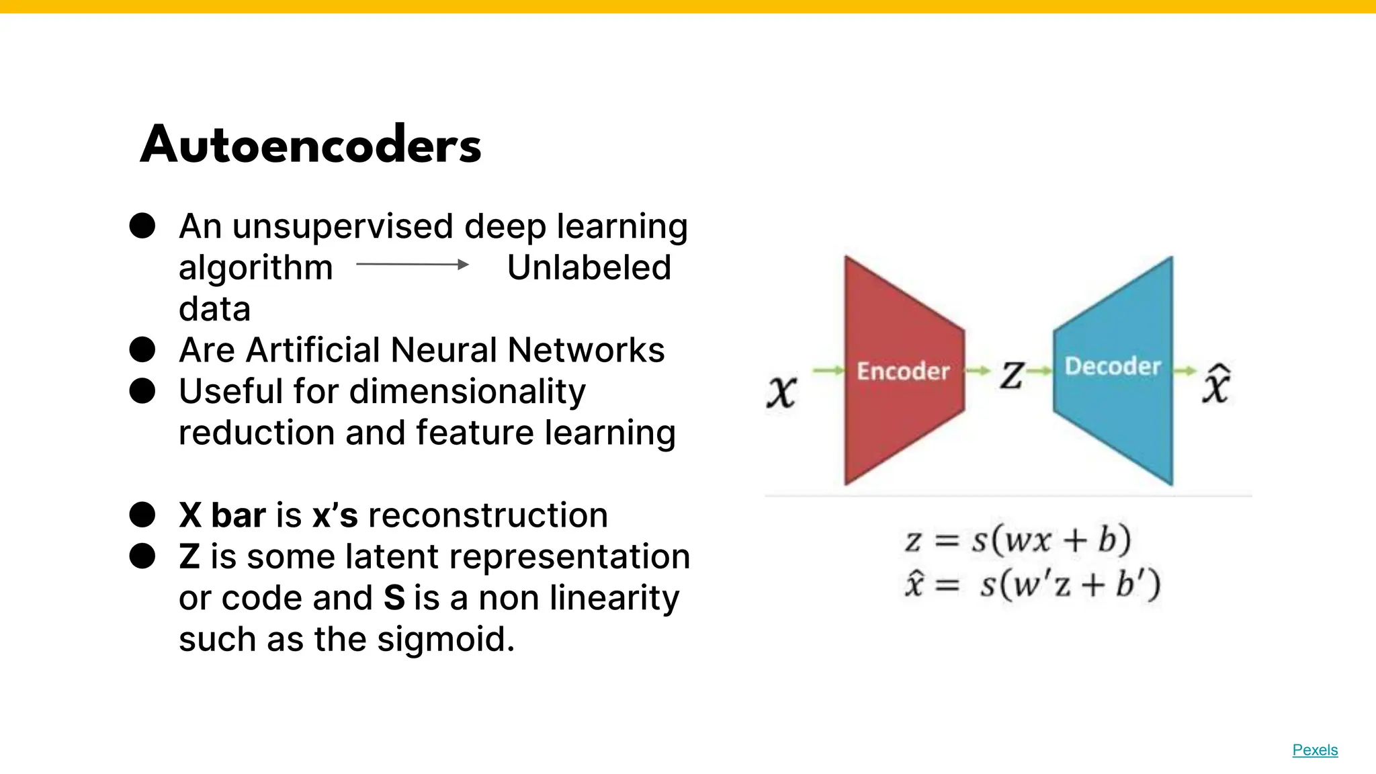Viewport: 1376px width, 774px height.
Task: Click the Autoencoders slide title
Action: (x=310, y=144)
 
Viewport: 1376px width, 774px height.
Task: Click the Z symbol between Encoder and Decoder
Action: (x=1012, y=374)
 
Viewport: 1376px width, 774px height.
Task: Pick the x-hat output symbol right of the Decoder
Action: (x=1216, y=385)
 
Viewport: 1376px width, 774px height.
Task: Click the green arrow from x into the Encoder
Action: (x=828, y=370)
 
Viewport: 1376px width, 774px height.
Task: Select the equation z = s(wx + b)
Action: (x=1018, y=540)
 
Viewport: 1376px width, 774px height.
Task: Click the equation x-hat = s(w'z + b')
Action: (x=1032, y=584)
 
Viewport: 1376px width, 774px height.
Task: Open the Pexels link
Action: (x=1315, y=750)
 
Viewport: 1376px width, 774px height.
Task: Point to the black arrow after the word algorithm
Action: (x=413, y=265)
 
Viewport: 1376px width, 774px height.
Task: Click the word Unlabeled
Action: (x=589, y=267)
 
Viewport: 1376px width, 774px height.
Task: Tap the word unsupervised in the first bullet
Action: (x=343, y=226)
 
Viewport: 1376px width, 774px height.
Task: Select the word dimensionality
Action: (x=468, y=391)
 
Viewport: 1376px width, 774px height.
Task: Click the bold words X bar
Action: (x=222, y=515)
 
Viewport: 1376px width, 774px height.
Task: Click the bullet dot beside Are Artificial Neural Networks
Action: (x=142, y=350)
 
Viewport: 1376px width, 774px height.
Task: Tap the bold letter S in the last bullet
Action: (x=394, y=597)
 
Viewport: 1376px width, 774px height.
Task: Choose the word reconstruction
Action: (x=488, y=515)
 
